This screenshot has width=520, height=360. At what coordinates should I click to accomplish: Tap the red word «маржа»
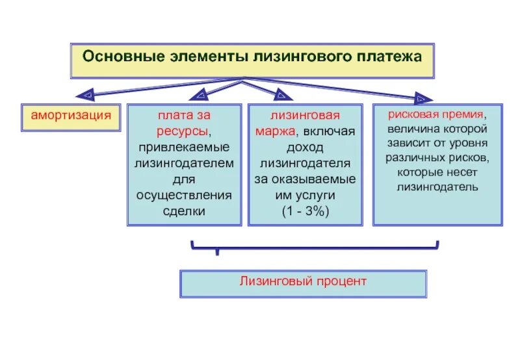277,131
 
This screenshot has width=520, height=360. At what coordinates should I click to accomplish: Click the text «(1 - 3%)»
305,210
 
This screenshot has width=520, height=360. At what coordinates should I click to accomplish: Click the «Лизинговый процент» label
303,281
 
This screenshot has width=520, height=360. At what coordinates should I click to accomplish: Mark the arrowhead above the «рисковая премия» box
424,99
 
